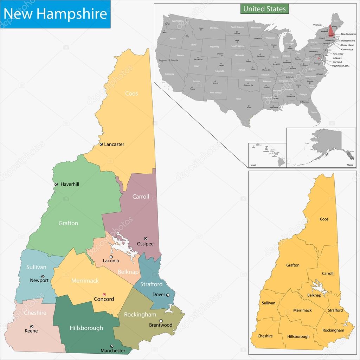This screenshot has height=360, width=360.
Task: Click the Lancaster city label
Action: click(x=114, y=144)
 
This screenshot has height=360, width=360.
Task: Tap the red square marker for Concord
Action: click(x=104, y=294)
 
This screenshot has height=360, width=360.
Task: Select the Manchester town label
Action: click(x=112, y=351)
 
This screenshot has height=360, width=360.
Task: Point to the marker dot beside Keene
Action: click(x=32, y=326)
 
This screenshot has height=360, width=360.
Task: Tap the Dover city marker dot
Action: click(x=168, y=295)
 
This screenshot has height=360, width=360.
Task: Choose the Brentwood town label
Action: click(x=161, y=325)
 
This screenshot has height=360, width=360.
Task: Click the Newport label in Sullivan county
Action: click(x=39, y=281)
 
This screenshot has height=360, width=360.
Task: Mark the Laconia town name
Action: click(x=111, y=261)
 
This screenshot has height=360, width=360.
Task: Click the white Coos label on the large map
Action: click(x=131, y=94)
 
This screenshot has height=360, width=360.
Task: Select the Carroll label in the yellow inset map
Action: click(x=327, y=274)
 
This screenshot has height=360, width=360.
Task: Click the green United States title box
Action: click(x=264, y=8)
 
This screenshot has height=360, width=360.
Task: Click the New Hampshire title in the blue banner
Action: click(x=55, y=14)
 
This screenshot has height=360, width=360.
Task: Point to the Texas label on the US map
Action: click(x=239, y=99)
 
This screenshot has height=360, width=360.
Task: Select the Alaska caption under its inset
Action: click(x=349, y=165)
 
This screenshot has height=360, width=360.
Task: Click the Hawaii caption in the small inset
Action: click(x=253, y=165)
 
